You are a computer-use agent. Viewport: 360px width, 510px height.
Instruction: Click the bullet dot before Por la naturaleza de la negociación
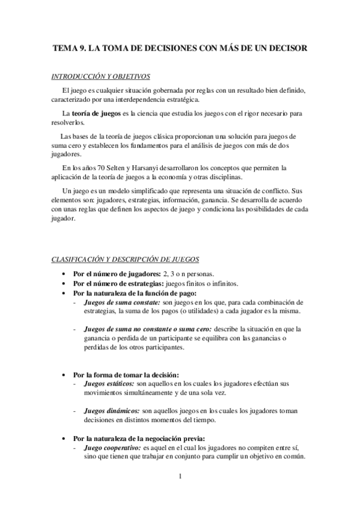(66, 438)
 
